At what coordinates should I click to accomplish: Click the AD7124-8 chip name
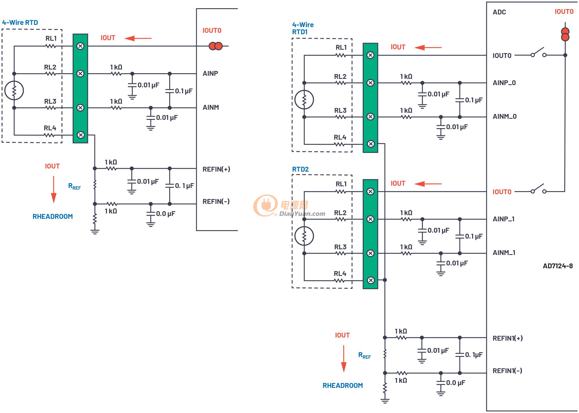click(558, 266)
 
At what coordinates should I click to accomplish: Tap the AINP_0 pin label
click(504, 83)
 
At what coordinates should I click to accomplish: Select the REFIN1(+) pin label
click(508, 338)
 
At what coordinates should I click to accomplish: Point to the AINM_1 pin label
click(504, 253)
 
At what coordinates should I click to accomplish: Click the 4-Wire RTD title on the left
click(20, 23)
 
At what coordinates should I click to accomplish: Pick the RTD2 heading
click(300, 169)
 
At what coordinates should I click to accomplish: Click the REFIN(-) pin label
click(216, 201)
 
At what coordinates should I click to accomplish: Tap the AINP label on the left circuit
click(210, 73)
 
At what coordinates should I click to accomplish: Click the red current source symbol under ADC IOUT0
click(565, 34)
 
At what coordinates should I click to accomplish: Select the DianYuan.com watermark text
click(302, 214)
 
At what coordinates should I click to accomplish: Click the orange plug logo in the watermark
click(265, 205)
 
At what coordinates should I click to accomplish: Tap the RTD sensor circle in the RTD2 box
click(304, 236)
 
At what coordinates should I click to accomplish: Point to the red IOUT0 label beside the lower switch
click(502, 192)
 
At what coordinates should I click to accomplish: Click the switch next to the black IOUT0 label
click(538, 53)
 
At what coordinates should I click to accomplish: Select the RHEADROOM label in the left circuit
click(53, 217)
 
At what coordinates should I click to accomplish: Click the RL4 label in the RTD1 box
click(340, 137)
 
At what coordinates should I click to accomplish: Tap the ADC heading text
click(499, 12)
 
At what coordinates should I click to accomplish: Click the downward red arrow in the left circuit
click(53, 190)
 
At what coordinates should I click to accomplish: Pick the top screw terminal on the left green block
click(81, 46)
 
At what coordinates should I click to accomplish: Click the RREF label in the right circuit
click(365, 356)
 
